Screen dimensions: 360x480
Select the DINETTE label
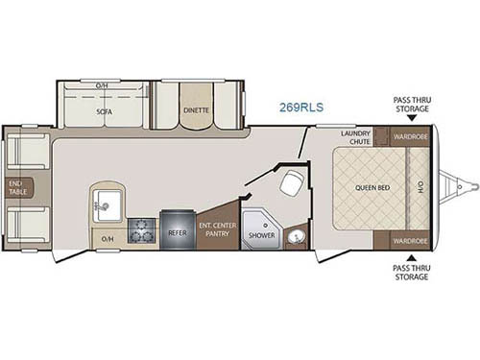[197, 110]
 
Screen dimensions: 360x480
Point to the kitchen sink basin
[108, 204]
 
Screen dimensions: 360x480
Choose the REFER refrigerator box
[176, 231]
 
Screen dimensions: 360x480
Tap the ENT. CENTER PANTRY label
[217, 230]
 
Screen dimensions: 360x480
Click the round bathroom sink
[296, 235]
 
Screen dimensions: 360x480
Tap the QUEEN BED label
[371, 188]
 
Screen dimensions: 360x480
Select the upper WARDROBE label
[410, 138]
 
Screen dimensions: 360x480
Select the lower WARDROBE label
[410, 239]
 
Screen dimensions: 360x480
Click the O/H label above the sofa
[102, 86]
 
